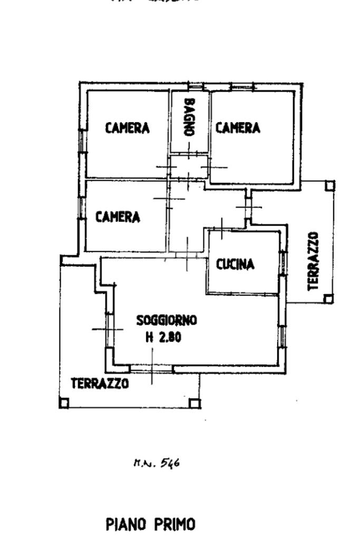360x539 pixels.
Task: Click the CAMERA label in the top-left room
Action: click(127, 128)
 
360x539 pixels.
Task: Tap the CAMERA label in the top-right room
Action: click(238, 128)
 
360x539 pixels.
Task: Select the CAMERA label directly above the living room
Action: click(118, 217)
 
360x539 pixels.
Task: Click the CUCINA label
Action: click(236, 264)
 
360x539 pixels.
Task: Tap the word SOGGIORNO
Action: click(167, 319)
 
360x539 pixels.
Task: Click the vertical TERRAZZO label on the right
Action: click(314, 261)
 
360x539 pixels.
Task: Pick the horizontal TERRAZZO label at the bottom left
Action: click(100, 384)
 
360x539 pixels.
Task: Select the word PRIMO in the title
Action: click(174, 525)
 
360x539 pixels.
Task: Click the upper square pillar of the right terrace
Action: click(329, 185)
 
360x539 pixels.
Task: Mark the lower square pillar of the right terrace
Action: click(328, 299)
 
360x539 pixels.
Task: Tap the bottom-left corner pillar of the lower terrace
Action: click(63, 404)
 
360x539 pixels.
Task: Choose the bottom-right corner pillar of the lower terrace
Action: click(194, 404)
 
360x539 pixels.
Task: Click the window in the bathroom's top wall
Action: click(196, 86)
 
